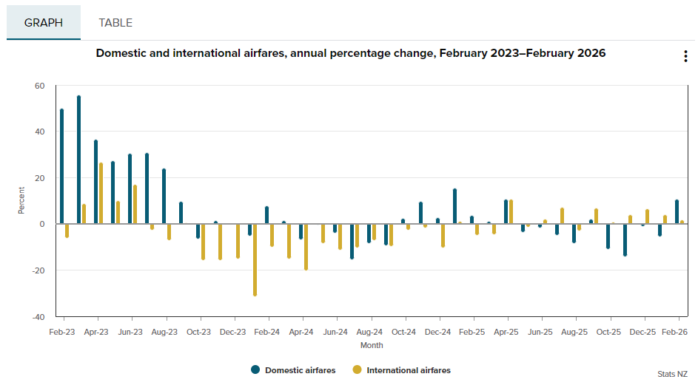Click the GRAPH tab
[44, 23]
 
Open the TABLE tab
[115, 23]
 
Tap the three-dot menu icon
[685, 57]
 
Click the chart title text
[351, 53]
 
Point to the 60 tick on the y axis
[39, 86]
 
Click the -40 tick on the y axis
[38, 316]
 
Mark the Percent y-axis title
[21, 201]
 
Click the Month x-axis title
[372, 345]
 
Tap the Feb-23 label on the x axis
[62, 333]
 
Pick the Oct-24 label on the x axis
[404, 333]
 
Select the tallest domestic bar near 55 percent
[79, 160]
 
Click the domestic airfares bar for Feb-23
[62, 167]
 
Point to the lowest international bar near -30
[255, 259]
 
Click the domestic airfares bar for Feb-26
[677, 212]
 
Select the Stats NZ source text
[671, 374]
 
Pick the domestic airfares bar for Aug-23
[164, 197]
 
